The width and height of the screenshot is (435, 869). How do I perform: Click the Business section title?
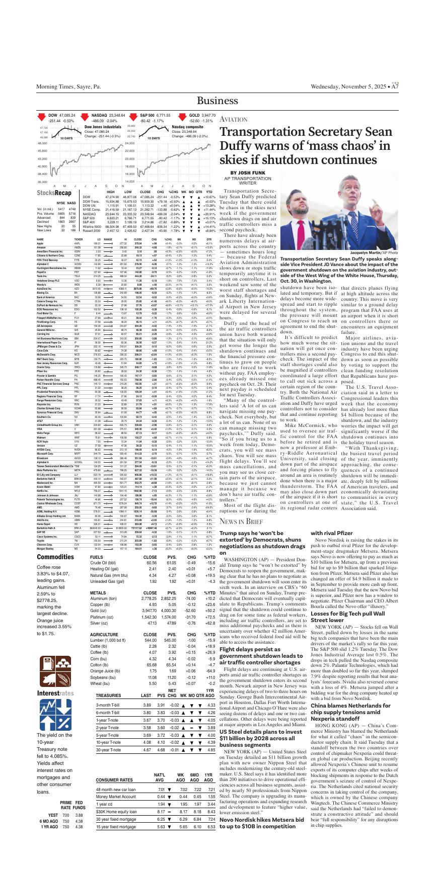click(217, 101)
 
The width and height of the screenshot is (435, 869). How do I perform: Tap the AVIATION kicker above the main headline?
click(234, 120)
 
